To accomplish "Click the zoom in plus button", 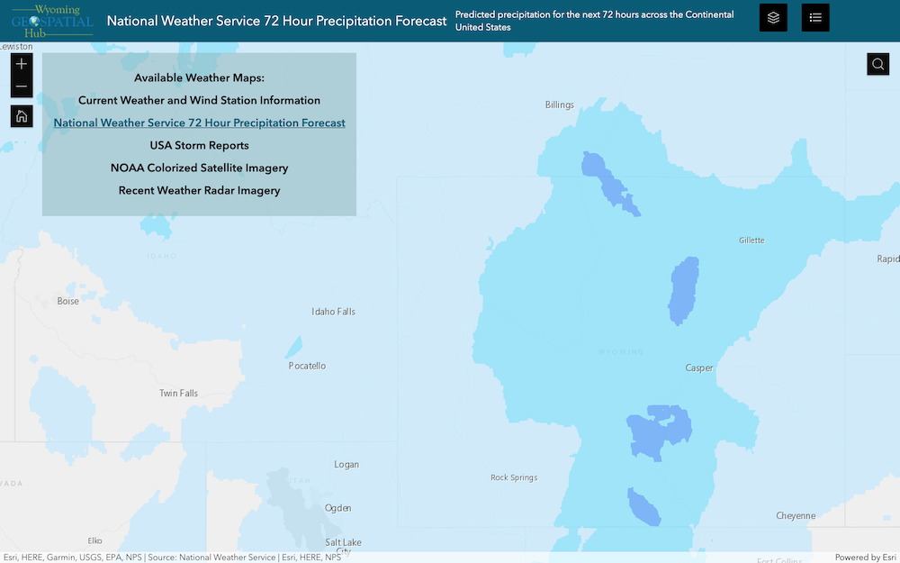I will coord(22,64).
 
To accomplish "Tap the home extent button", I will coord(22,115).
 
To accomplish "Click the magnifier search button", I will coord(878,64).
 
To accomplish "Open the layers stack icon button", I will coord(773,17).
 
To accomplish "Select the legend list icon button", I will coord(815,17).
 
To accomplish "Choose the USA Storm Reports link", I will coord(199,145).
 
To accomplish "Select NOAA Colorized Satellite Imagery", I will coord(199,168).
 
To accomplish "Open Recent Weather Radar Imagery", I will coord(199,190).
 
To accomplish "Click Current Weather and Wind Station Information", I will coord(199,100).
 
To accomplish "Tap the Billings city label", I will coord(559,104).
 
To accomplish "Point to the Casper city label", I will coord(699,368).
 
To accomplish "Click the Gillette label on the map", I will coord(751,241).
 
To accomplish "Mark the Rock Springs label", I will coord(514,477).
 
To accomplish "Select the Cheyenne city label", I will coord(796,516).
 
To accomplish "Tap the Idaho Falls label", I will coord(333,312).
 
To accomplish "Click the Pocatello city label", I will coord(307,366).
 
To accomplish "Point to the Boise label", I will coord(68,301).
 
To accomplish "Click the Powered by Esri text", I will coord(865,557).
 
